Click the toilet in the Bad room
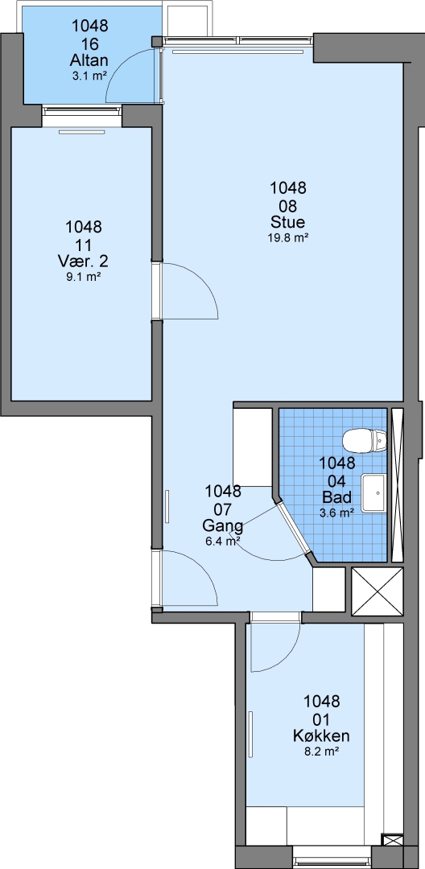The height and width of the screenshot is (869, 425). point(365,441)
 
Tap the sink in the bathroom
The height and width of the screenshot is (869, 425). point(374,492)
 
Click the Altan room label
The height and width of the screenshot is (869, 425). point(89,60)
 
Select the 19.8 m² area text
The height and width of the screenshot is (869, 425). point(287,237)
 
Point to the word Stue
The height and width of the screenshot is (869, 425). point(287,222)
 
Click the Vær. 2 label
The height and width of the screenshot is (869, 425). point(83,261)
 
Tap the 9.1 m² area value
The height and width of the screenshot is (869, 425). point(83,276)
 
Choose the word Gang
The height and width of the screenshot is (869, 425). point(223,525)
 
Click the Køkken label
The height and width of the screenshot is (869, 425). point(321,736)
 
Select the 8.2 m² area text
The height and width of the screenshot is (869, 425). point(321,752)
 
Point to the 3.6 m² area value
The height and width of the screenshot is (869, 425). point(337,513)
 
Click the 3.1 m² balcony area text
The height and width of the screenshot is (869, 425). point(89,76)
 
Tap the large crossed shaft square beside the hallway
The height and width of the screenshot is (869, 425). point(378,591)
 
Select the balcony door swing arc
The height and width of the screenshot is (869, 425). point(119,64)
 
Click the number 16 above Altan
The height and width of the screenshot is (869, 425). point(89,43)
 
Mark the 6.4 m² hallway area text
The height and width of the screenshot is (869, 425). point(223,542)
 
